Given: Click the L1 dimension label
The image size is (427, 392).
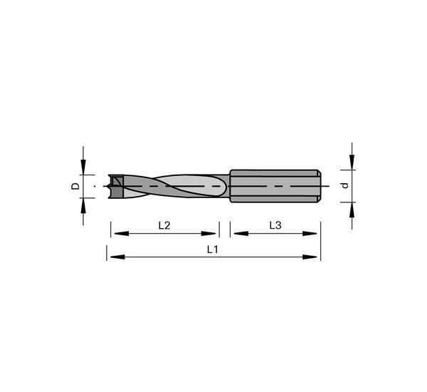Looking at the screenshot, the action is pos(212,249).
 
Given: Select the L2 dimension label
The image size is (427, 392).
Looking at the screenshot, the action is pos(164,226).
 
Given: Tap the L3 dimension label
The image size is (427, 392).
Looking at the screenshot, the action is pos(275,226).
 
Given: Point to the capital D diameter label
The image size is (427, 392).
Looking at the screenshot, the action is pos(75,186).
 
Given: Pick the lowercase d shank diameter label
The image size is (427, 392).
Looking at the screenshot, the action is pos(345,186).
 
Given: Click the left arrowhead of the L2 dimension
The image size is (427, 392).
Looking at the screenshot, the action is pos(122,234).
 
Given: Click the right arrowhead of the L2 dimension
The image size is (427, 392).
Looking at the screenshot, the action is pos(209,234).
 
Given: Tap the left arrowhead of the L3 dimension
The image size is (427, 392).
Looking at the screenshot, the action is pos(241,234).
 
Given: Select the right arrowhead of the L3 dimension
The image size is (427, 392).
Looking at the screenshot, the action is pos(310,234).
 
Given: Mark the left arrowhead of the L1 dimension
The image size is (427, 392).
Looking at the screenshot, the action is pos(117,257).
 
